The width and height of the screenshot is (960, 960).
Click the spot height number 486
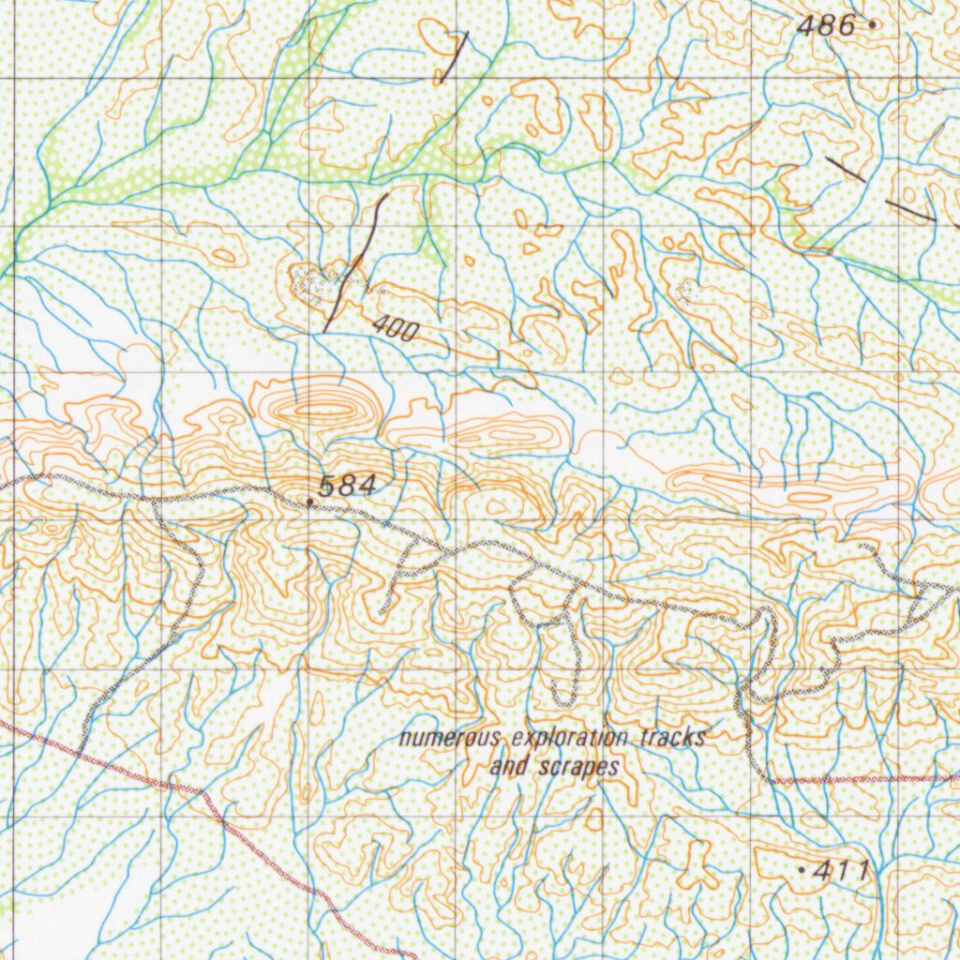click(826, 26)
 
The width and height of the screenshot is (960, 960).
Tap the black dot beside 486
click(874, 25)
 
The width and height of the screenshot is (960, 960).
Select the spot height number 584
click(348, 486)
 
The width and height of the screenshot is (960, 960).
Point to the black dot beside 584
click(310, 502)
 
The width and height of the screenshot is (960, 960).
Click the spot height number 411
click(841, 871)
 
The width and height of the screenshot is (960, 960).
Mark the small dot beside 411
click(802, 871)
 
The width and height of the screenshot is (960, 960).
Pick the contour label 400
click(395, 328)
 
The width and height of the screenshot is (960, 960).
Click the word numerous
click(448, 739)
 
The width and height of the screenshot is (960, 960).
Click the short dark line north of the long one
click(453, 58)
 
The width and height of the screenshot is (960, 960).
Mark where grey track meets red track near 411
click(772, 780)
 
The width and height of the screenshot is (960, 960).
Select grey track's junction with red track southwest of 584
click(80, 752)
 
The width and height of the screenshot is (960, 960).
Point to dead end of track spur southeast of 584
click(382, 614)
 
